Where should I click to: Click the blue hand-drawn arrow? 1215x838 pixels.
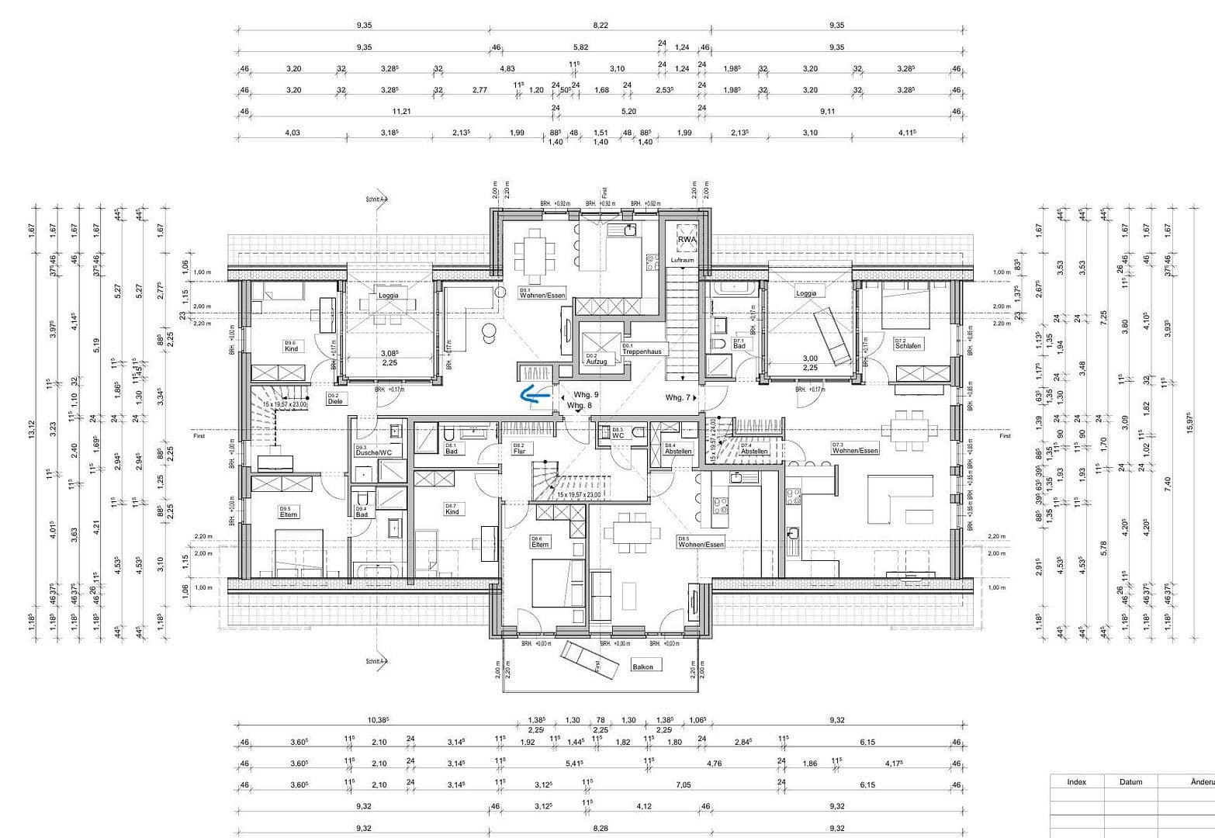[x=534, y=396]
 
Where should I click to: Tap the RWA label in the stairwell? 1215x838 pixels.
[x=687, y=241]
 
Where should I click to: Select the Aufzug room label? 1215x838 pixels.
[x=596, y=361]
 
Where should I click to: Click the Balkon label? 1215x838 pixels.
[x=642, y=667]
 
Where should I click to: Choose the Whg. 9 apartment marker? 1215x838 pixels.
[x=586, y=395]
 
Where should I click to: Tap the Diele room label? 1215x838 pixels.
[x=335, y=401]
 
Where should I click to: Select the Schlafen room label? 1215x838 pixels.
[x=908, y=345]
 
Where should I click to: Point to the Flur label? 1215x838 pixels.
[x=519, y=451]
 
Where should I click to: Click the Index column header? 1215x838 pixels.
[x=1076, y=782]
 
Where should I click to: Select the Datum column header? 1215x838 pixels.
[x=1130, y=782]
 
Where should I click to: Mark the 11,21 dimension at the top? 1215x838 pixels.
[x=402, y=111]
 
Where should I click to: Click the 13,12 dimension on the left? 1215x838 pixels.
[x=32, y=429]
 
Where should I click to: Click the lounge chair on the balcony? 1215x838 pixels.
[x=590, y=658]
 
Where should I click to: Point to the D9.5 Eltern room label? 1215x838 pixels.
[x=289, y=514]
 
